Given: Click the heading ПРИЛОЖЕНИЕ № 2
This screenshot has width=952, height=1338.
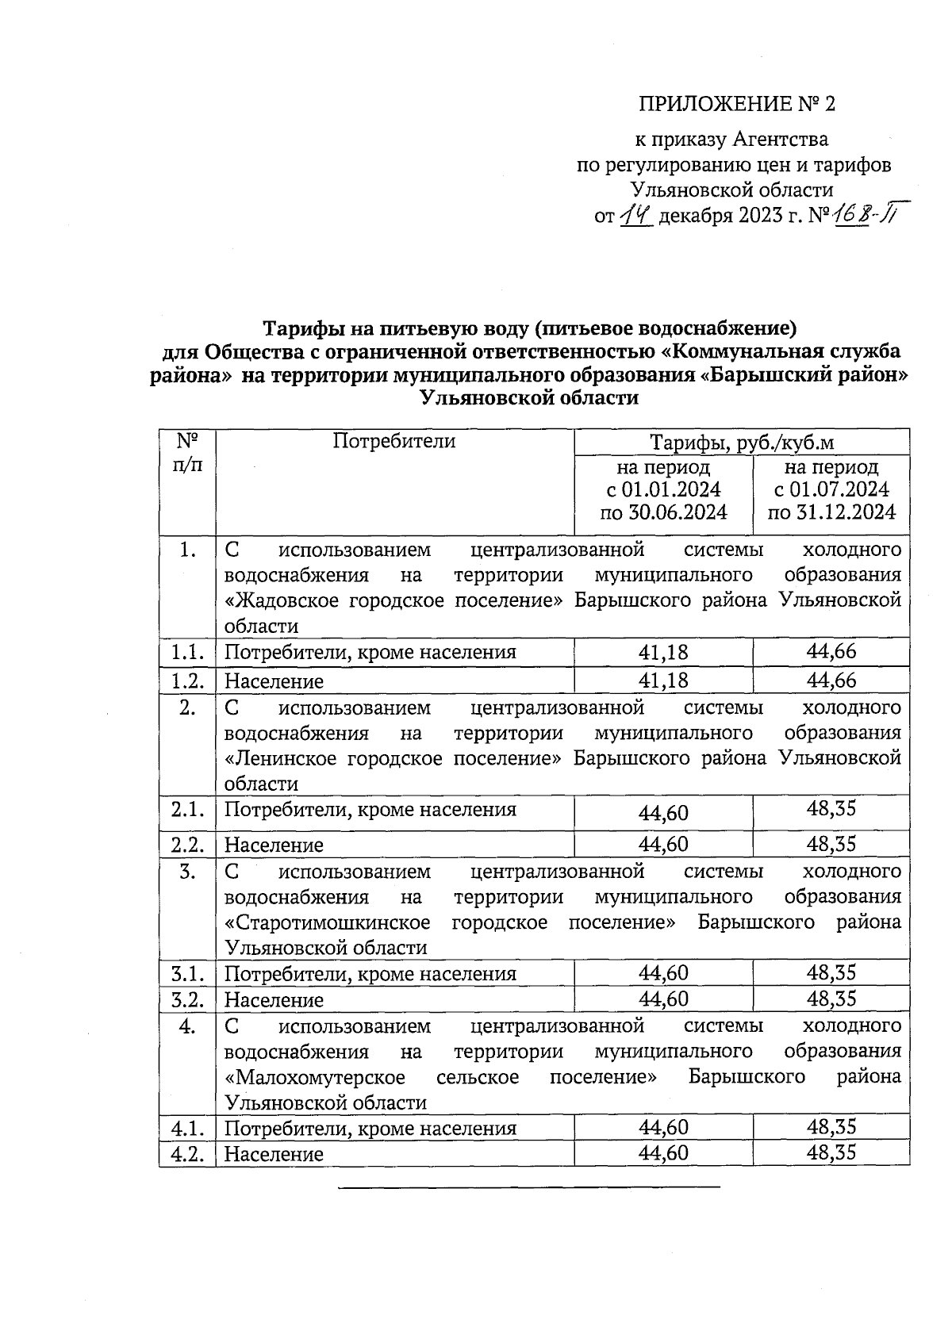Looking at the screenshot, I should [x=737, y=105].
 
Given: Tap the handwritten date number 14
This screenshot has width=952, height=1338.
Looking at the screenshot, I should [x=635, y=215].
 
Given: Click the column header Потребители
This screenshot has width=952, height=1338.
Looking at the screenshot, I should [x=393, y=442].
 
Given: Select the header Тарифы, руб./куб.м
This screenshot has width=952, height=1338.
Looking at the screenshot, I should [x=742, y=443].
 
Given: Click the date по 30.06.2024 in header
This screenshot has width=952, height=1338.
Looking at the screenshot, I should [x=663, y=513].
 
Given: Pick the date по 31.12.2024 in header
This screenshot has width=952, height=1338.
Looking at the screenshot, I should [x=831, y=513].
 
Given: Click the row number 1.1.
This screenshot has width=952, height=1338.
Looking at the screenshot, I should [x=187, y=653].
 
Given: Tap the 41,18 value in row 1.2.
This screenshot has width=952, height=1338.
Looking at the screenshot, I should [x=663, y=681].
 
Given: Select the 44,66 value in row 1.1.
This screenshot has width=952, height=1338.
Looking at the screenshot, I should [x=831, y=652].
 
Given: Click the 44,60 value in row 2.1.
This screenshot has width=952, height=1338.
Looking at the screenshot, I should [x=663, y=813].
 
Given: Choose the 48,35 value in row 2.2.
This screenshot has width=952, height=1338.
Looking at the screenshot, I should [x=831, y=844].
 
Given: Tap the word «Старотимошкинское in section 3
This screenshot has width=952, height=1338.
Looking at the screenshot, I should [x=328, y=922].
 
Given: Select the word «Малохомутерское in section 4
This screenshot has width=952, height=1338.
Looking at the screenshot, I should [x=315, y=1077].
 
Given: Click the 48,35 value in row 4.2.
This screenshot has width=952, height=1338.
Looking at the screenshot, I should [x=831, y=1152].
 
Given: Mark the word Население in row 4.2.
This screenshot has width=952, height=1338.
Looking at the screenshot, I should [x=274, y=1154].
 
